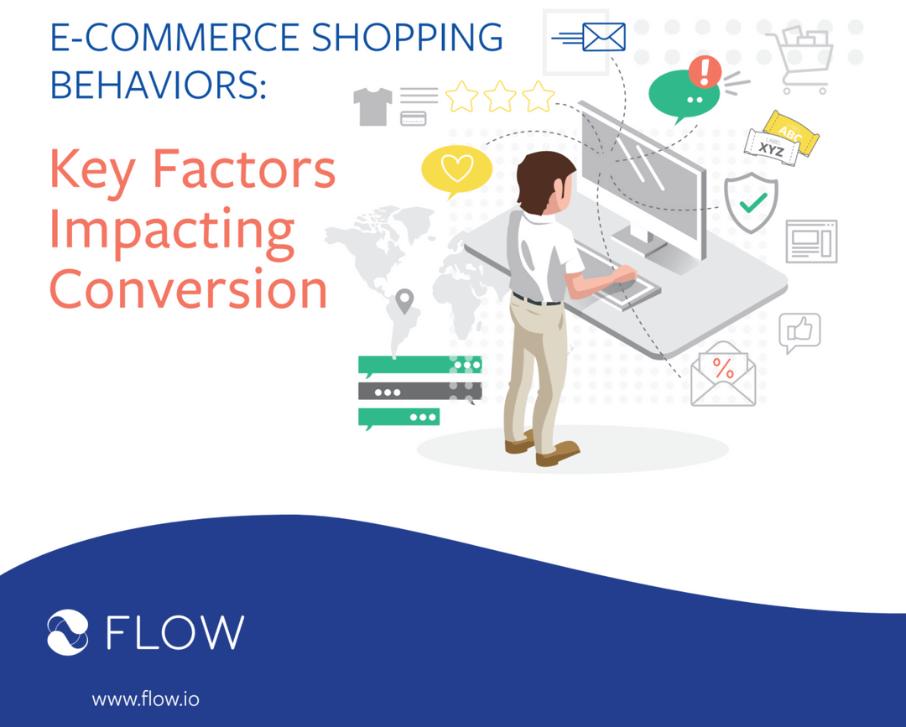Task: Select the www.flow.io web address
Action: coord(145,698)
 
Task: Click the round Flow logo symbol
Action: coord(68,632)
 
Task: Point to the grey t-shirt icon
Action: coord(372,106)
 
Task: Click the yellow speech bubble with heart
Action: coord(456,169)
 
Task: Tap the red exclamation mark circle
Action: coord(705,70)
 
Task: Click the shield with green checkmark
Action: coord(751,201)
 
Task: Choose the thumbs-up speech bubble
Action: coord(799,332)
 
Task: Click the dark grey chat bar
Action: coord(419,391)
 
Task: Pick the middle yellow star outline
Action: coord(500,97)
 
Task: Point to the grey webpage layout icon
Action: coord(811,241)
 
